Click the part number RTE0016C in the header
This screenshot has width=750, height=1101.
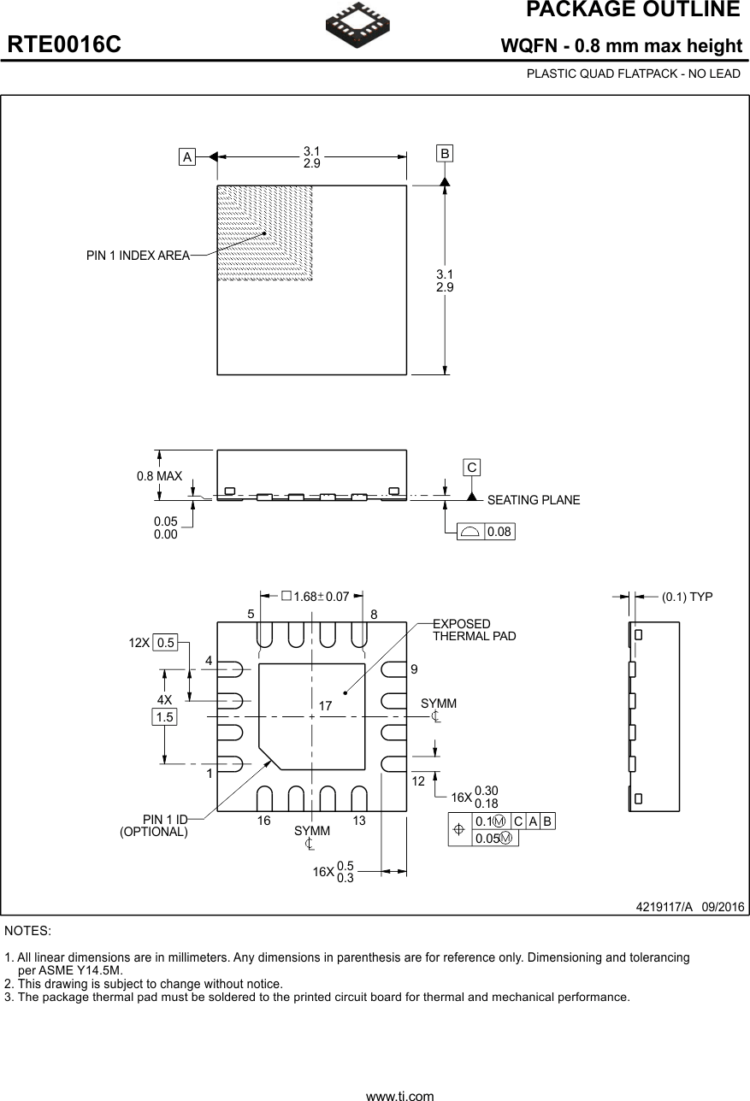[64, 45]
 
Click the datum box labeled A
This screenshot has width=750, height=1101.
[186, 156]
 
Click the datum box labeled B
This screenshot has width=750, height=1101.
[445, 154]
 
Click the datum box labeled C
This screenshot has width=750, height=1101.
[471, 467]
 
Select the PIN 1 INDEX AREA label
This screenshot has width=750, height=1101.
[138, 255]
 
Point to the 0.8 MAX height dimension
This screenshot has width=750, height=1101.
[159, 476]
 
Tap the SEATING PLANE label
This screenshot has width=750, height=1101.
[533, 500]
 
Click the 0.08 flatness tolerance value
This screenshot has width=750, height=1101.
[499, 532]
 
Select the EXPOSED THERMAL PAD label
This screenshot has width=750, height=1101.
[474, 630]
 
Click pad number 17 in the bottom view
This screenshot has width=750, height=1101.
[325, 705]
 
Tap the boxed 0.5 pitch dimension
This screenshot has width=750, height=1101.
[165, 643]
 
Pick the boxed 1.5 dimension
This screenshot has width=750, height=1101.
[164, 717]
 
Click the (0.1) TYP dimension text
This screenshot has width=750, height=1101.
[687, 597]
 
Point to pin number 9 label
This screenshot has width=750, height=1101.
[415, 669]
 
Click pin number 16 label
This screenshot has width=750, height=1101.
[263, 821]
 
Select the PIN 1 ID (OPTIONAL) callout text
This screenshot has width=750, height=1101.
[154, 826]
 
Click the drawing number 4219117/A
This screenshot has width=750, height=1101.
[664, 906]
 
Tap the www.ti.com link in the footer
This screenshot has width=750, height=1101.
[399, 1095]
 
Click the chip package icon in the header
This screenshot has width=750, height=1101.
[357, 24]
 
